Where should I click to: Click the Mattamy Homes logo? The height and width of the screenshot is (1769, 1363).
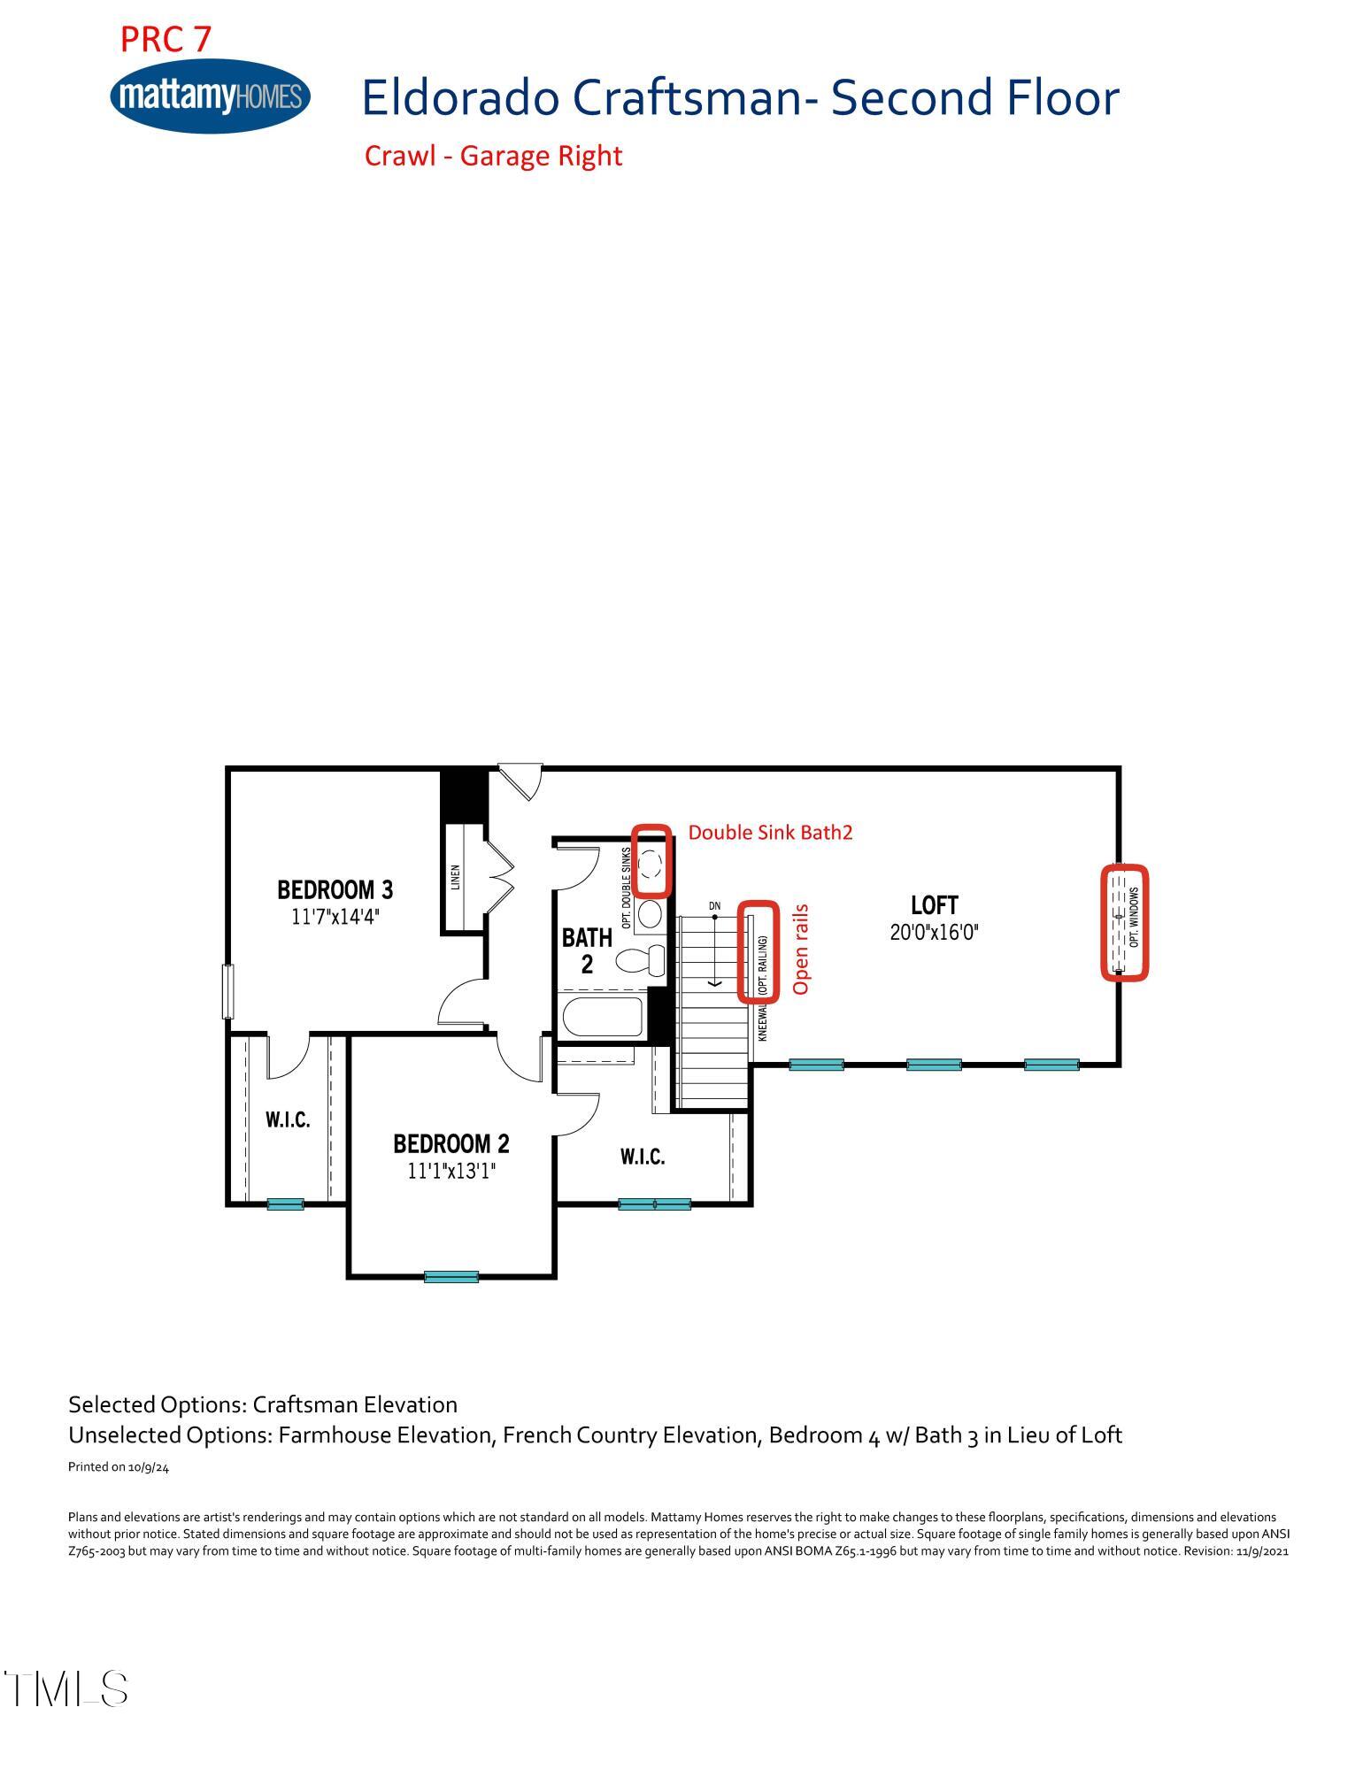tap(211, 96)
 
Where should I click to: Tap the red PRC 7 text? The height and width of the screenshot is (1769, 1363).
tap(166, 39)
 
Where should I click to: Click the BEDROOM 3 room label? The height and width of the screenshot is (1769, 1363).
tap(335, 889)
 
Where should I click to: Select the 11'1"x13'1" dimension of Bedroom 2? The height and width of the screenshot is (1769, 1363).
tap(451, 1171)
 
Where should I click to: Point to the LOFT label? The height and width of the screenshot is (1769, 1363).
tap(934, 905)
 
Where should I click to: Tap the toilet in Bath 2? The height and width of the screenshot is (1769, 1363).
tap(640, 959)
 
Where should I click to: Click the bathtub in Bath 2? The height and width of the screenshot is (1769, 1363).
tap(603, 1017)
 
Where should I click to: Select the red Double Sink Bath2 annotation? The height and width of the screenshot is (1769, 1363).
tap(770, 833)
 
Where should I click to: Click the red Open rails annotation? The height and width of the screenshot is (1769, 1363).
tap(801, 949)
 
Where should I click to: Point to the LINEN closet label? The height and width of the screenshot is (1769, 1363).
tap(456, 877)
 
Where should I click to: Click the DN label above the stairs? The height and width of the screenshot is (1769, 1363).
tap(714, 906)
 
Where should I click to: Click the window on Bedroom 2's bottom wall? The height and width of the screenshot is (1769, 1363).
tap(451, 1276)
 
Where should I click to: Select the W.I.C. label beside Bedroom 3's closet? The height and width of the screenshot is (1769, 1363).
tap(288, 1120)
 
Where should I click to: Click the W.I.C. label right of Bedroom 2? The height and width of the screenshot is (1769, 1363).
tap(642, 1157)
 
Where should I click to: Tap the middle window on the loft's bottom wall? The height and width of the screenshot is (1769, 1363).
tap(934, 1065)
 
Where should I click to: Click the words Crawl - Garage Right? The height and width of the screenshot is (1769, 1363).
tap(493, 156)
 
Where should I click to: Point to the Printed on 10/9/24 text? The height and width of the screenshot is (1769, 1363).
tap(119, 1466)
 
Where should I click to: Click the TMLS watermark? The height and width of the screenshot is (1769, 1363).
tap(66, 1688)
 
